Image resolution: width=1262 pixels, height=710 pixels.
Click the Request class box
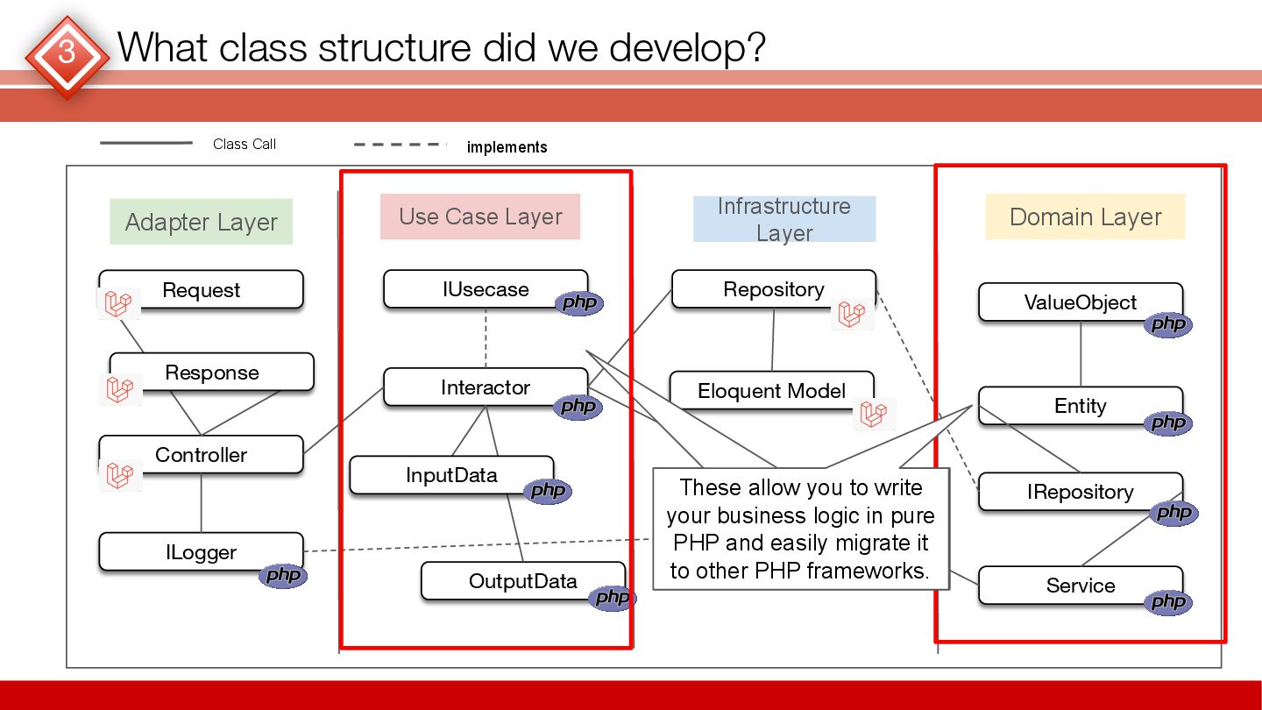click(202, 290)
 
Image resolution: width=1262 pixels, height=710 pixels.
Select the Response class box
click(212, 373)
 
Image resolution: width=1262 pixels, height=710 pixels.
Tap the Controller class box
click(202, 455)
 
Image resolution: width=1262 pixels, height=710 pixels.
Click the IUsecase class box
click(486, 289)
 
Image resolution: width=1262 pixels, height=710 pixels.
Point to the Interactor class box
click(486, 387)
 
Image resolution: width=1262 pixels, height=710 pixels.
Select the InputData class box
click(451, 475)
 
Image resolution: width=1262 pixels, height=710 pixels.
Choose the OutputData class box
click(523, 581)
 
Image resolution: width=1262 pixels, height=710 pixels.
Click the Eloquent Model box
click(771, 391)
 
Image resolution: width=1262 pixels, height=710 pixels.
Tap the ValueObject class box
click(1081, 302)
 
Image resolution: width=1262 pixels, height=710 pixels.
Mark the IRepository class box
click(1081, 493)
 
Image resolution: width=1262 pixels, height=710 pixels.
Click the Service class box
click(1081, 586)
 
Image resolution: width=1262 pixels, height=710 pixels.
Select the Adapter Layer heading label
click(202, 222)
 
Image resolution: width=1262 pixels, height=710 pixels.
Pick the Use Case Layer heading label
click(480, 217)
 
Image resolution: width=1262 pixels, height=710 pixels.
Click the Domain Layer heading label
click(1085, 217)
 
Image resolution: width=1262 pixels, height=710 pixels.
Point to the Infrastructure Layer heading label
click(784, 219)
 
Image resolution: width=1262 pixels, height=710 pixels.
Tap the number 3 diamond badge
click(67, 53)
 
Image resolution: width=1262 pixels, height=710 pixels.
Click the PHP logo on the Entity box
click(1167, 423)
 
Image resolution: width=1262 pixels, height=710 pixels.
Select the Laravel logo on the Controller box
click(118, 474)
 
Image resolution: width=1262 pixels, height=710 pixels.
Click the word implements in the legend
click(507, 147)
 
